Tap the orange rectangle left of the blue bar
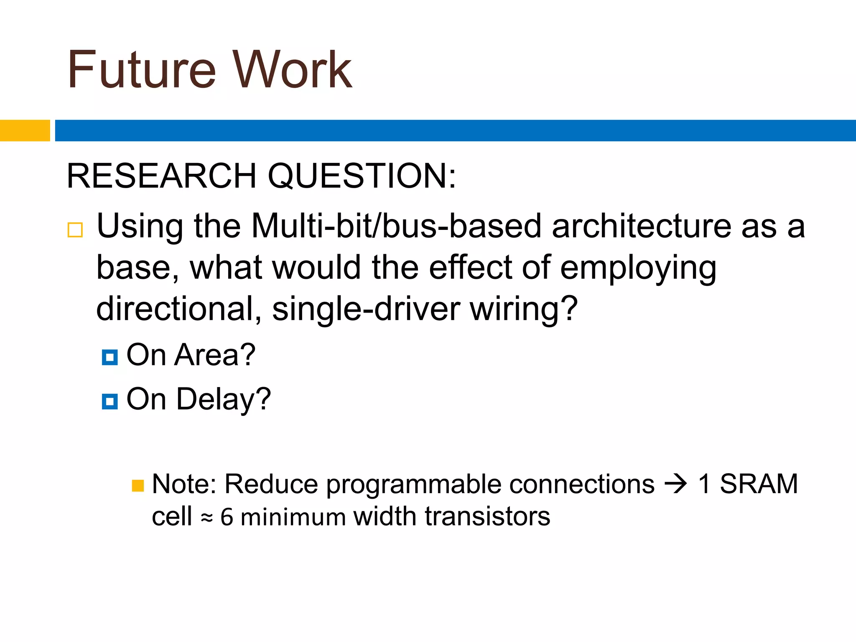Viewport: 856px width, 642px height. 25,130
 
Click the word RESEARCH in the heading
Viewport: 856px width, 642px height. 161,176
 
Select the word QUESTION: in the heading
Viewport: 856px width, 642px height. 362,176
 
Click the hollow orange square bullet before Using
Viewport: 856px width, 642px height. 75,230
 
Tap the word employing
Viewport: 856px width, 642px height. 638,268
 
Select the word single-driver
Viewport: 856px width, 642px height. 366,309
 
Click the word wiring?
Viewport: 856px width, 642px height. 524,309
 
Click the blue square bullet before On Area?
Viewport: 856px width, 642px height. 110,357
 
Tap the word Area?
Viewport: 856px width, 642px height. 215,355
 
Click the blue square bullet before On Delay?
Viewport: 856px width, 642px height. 110,401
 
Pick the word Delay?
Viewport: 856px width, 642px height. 223,399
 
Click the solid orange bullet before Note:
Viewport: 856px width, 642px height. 138,486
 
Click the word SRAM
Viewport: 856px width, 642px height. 759,484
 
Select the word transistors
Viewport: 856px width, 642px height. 487,517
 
